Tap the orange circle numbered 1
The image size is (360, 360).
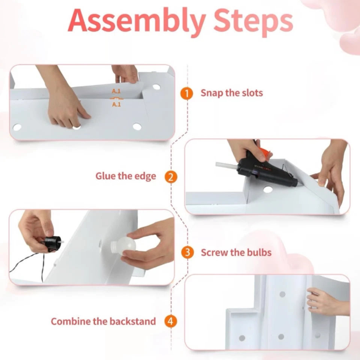pos(187,93)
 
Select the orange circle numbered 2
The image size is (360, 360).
pos(171,177)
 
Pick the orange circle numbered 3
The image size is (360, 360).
pos(187,252)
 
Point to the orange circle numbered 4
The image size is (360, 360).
pos(171,321)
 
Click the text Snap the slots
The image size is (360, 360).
pos(232,93)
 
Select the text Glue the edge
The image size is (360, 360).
pos(126,176)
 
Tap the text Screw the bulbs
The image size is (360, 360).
pos(236,252)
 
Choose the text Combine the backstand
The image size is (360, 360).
pos(104,321)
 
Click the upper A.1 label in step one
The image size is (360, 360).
pos(116,91)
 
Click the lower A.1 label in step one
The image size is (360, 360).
pos(116,105)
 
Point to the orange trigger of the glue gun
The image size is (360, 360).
pos(264,153)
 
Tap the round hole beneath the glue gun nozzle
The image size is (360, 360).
pos(268,190)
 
